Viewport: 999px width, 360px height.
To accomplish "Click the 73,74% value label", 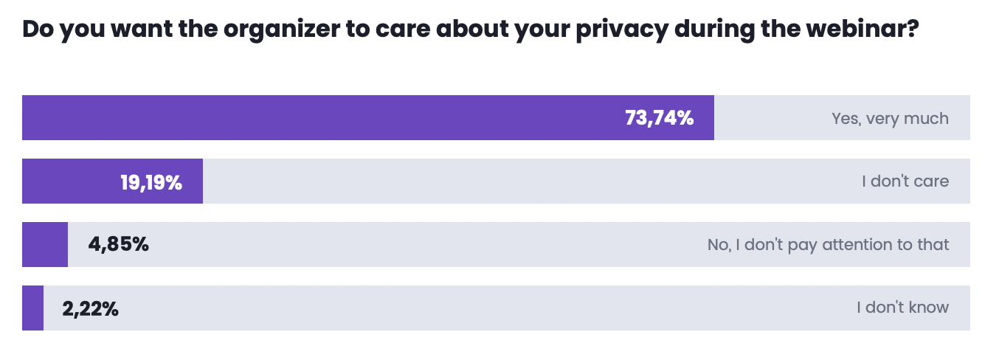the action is pyautogui.click(x=659, y=118).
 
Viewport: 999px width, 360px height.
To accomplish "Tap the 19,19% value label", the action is pyautogui.click(x=151, y=182).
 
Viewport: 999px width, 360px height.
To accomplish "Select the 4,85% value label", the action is pyautogui.click(x=118, y=244).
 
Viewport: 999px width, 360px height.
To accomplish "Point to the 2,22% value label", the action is pyautogui.click(x=91, y=308).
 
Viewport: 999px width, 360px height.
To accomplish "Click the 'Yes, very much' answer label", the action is pyautogui.click(x=891, y=119).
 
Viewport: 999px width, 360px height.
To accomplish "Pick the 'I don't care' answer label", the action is pyautogui.click(x=905, y=181).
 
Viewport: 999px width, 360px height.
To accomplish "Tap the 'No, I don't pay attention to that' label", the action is pyautogui.click(x=828, y=245).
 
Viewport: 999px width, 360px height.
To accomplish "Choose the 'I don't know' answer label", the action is pyautogui.click(x=902, y=308).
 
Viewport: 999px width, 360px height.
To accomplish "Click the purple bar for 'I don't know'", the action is pyautogui.click(x=33, y=308).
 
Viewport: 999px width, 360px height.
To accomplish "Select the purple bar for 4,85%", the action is pyautogui.click(x=45, y=244).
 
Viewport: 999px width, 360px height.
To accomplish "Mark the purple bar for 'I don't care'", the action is pyautogui.click(x=112, y=181).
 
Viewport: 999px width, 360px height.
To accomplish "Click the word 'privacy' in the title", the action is pyautogui.click(x=622, y=30).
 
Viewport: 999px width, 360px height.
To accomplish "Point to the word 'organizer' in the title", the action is pyautogui.click(x=281, y=30).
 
